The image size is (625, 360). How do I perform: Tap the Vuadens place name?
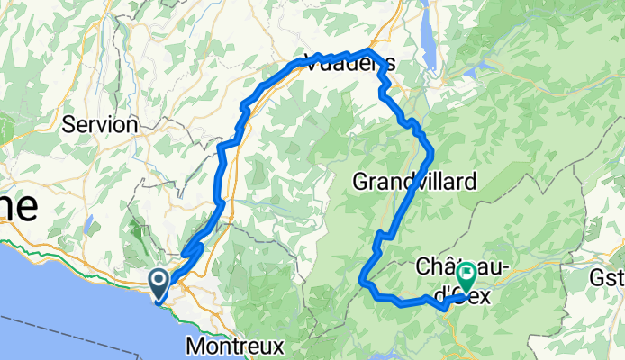[x=349, y=63]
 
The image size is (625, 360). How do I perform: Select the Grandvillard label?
[x=414, y=182]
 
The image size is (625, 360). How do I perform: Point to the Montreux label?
[x=236, y=346]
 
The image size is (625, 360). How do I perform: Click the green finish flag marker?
[x=467, y=273]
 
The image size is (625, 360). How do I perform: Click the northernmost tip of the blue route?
[x=367, y=50]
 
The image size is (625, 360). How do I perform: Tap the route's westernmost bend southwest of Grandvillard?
[x=363, y=280]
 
